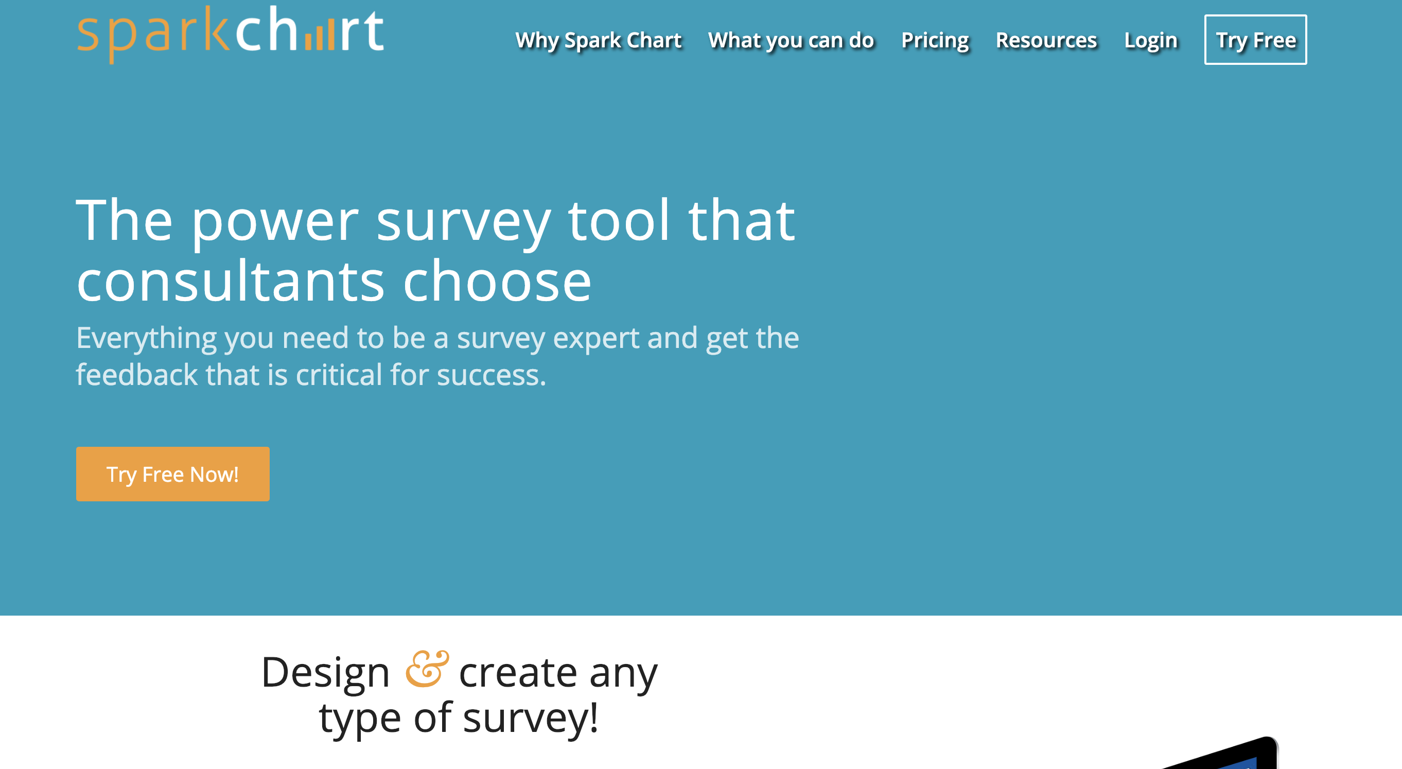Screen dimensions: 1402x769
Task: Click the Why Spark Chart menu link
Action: click(598, 41)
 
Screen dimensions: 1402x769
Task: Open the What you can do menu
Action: click(791, 41)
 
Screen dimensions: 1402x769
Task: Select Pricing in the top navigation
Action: click(935, 41)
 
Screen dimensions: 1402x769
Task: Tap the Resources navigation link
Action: click(1046, 40)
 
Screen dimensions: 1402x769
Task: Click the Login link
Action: click(1150, 41)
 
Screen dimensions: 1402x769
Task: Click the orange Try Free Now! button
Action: click(172, 474)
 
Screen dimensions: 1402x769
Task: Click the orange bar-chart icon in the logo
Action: click(319, 38)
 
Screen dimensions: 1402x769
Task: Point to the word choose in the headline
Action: click(497, 282)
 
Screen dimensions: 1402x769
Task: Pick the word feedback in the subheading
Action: click(136, 374)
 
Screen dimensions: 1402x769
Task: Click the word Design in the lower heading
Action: click(325, 673)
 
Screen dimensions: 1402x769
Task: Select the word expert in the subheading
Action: click(595, 339)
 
